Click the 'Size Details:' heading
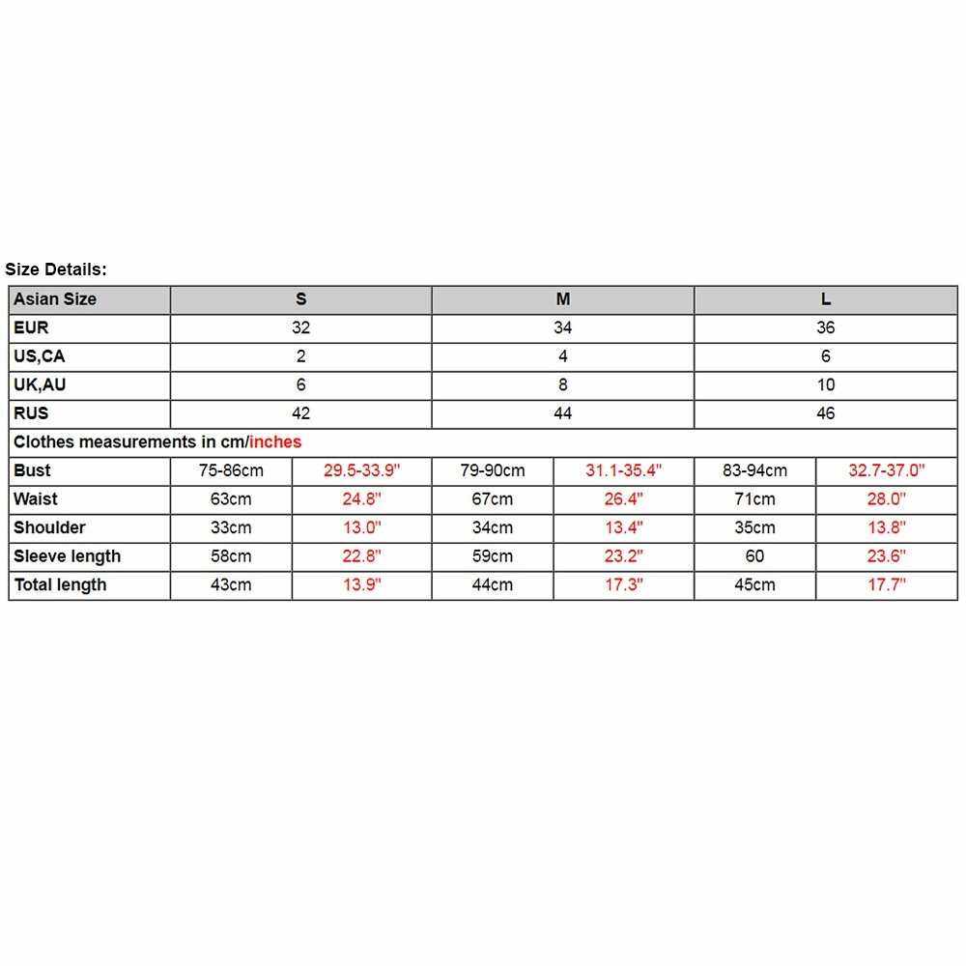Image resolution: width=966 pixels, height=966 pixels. tap(56, 270)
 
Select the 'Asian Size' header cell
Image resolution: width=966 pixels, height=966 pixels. tap(55, 299)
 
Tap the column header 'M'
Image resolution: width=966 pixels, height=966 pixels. tap(563, 299)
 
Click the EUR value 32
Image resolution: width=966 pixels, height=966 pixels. tap(300, 327)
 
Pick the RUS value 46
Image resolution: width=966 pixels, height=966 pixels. tap(825, 413)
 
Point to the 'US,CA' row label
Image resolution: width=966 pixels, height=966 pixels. tap(40, 356)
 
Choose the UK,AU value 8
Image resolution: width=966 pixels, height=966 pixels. tap(563, 384)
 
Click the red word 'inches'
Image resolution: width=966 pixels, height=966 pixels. tap(275, 441)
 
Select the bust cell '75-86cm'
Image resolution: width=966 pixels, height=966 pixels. tap(231, 470)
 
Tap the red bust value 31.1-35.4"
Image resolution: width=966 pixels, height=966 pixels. tap(623, 470)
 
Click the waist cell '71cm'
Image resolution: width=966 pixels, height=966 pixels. tap(755, 499)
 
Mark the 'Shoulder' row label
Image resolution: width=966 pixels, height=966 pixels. tap(49, 527)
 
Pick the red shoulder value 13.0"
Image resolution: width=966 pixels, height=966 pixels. tap(361, 527)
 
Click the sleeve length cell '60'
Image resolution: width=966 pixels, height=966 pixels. tap(755, 556)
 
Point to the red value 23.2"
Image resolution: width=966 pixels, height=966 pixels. tap(623, 556)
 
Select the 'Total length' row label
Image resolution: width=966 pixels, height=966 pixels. tap(60, 584)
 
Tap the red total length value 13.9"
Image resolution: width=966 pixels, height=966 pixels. tap(361, 584)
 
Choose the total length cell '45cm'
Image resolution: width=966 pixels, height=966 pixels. tap(755, 584)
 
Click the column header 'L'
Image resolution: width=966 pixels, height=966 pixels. tap(826, 299)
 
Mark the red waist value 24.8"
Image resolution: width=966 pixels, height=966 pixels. tap(361, 499)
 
